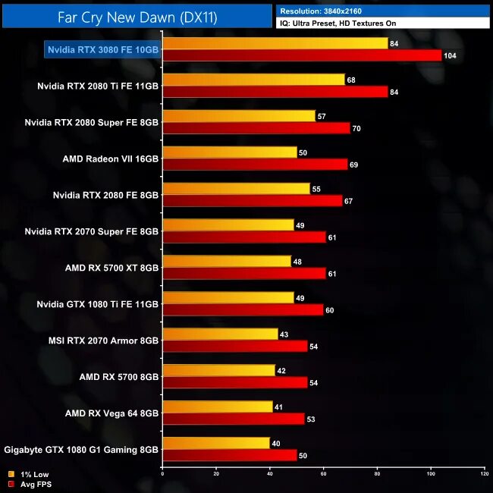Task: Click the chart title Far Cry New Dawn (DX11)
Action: (137, 17)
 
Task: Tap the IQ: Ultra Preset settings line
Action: (338, 24)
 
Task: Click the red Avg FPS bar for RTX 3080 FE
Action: (302, 55)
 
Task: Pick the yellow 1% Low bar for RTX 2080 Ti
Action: (253, 80)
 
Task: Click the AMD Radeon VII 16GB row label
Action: (111, 159)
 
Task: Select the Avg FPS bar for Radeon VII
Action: (255, 165)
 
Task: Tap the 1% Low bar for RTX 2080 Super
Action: (239, 116)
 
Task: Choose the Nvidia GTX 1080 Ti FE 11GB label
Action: (98, 304)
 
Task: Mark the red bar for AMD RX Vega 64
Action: (234, 419)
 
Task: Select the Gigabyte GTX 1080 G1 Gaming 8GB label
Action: (81, 449)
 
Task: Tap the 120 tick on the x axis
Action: (484, 474)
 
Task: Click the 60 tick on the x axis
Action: (323, 474)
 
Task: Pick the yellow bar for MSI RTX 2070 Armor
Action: (220, 334)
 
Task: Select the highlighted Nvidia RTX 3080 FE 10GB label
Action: (103, 50)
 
